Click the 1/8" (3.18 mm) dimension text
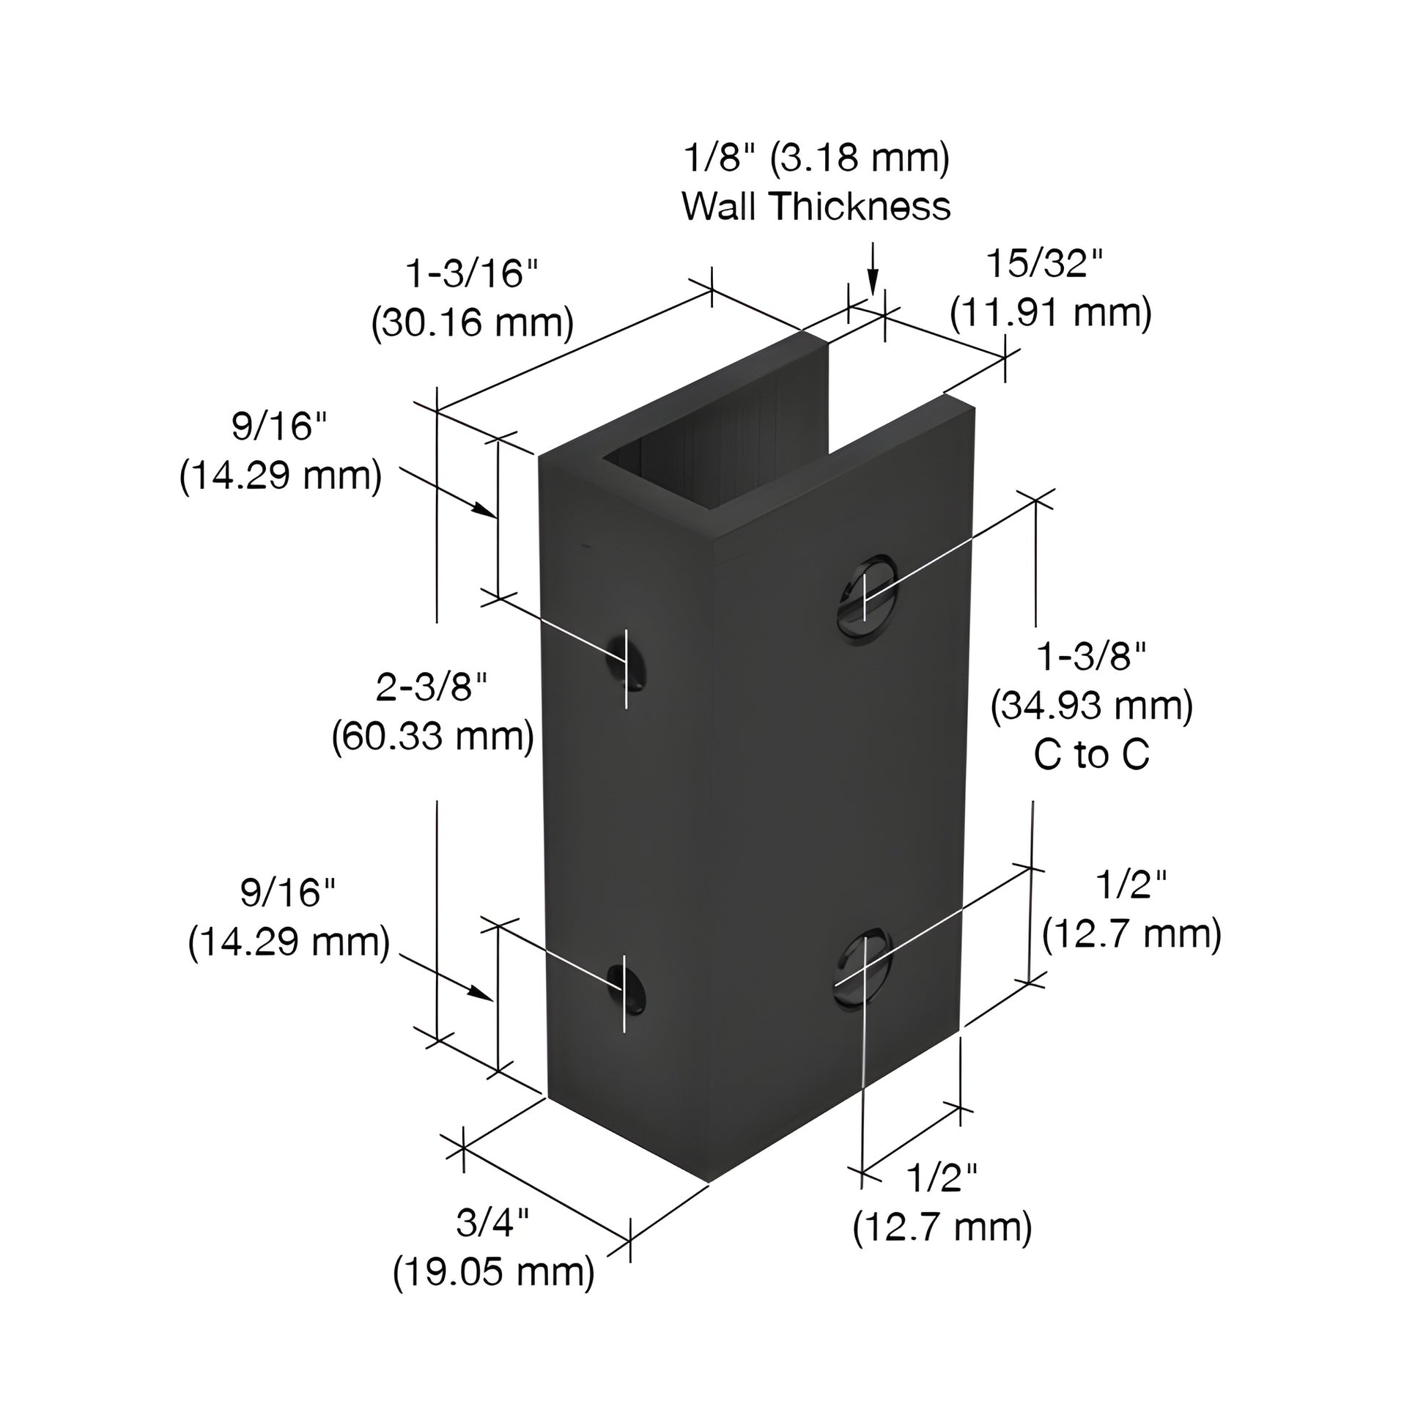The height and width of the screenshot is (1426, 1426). [816, 158]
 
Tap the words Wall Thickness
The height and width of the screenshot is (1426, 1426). [816, 206]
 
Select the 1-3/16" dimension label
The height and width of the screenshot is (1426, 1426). [472, 274]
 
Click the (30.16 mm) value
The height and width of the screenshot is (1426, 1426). [472, 323]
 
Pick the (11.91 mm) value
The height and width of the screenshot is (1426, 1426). [1050, 313]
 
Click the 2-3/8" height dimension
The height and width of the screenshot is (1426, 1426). [432, 687]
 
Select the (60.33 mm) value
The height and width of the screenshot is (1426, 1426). [432, 736]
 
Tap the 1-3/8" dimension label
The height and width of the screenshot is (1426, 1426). [1092, 656]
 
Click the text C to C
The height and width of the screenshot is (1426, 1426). [1092, 754]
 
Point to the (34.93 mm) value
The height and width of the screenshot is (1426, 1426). [1092, 706]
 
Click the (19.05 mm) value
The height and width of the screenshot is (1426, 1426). [493, 1271]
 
